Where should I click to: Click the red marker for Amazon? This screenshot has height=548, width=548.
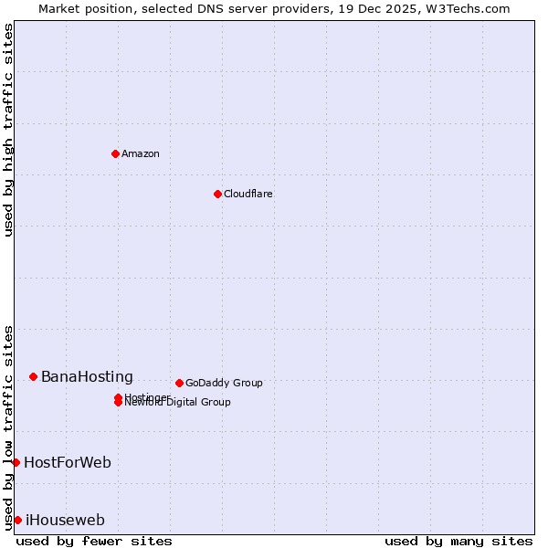click(x=115, y=153)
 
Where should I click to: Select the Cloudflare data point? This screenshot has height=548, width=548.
click(x=217, y=194)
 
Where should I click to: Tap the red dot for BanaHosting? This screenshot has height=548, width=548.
click(x=33, y=376)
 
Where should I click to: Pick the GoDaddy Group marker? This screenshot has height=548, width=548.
click(x=179, y=383)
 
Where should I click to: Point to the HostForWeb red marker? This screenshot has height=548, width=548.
click(x=16, y=462)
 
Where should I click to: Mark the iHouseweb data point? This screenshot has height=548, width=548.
click(x=17, y=520)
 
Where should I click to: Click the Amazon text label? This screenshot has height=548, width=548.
click(x=141, y=153)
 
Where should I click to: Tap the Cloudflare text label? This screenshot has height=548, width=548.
click(x=248, y=194)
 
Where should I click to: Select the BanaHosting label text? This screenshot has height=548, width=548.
click(x=87, y=376)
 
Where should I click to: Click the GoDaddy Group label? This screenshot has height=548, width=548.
click(x=224, y=383)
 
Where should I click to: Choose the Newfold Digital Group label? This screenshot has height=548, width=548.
click(x=178, y=403)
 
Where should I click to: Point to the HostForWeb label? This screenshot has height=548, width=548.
click(x=68, y=462)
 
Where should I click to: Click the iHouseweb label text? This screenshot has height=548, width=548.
click(x=65, y=520)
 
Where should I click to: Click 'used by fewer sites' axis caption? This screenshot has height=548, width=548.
click(x=94, y=541)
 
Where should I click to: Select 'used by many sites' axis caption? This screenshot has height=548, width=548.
click(x=458, y=541)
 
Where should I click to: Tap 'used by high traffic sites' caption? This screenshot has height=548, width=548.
click(x=9, y=130)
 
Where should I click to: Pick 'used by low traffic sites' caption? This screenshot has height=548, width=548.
click(x=9, y=427)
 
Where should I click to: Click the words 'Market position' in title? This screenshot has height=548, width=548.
click(x=79, y=8)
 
